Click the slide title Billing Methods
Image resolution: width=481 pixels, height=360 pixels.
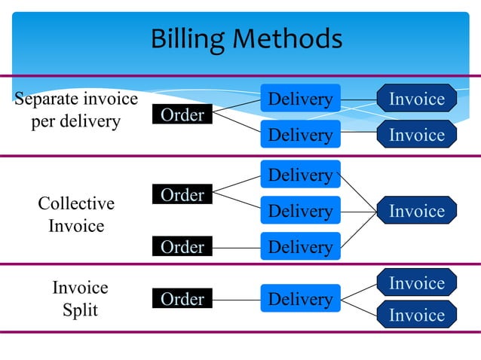[x=246, y=38]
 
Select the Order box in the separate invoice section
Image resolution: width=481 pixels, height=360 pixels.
[x=182, y=115]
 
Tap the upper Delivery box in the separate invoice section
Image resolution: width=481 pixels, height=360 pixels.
[x=300, y=99]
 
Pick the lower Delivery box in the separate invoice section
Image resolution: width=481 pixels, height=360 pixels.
[x=300, y=135]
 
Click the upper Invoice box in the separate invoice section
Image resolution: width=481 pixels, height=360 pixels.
[x=417, y=99]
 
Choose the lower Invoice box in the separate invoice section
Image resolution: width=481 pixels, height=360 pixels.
[x=417, y=135]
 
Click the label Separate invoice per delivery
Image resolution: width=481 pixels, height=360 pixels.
[x=76, y=110]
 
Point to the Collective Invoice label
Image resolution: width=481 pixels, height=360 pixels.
[x=76, y=215]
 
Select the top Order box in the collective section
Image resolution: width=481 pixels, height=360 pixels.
[x=182, y=195]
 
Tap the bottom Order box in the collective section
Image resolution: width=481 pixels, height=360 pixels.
[x=182, y=246]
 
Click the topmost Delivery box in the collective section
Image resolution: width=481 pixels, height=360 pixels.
[x=300, y=175]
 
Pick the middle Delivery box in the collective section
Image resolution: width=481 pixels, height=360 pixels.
[x=300, y=211]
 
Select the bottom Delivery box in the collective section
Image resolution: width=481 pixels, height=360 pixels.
[x=300, y=246]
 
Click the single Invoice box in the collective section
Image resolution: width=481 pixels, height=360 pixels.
[x=417, y=211]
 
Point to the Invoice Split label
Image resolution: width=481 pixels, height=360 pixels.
[x=80, y=299]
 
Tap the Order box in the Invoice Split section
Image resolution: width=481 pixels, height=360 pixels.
[x=182, y=299]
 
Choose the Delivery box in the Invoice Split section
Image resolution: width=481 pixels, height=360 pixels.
[x=300, y=299]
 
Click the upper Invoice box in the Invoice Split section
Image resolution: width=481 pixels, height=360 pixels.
[x=417, y=282]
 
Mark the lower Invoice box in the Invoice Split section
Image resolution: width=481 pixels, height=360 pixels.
[x=417, y=315]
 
